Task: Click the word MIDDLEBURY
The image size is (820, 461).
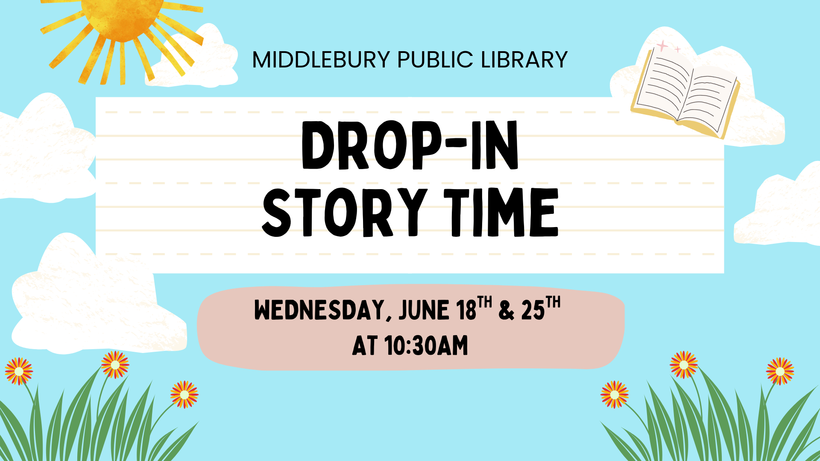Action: tap(321, 60)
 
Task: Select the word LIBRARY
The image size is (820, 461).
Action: tap(524, 60)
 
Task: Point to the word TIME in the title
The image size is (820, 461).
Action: tap(501, 212)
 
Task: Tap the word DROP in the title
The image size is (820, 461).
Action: tap(371, 145)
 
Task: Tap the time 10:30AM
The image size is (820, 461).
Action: tap(426, 346)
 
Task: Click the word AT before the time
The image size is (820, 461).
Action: tap(365, 346)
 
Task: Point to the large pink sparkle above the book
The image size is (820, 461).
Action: tap(662, 46)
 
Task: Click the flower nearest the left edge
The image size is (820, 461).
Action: tap(18, 371)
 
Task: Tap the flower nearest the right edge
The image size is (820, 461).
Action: tap(780, 371)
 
